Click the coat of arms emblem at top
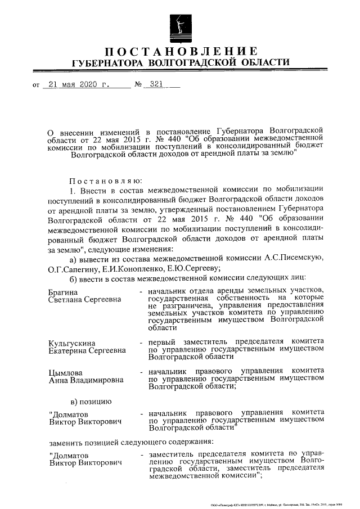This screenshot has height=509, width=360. coord(179,24)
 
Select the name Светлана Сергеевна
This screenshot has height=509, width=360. coord(85,299)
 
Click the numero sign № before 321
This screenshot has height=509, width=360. coord(136,85)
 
